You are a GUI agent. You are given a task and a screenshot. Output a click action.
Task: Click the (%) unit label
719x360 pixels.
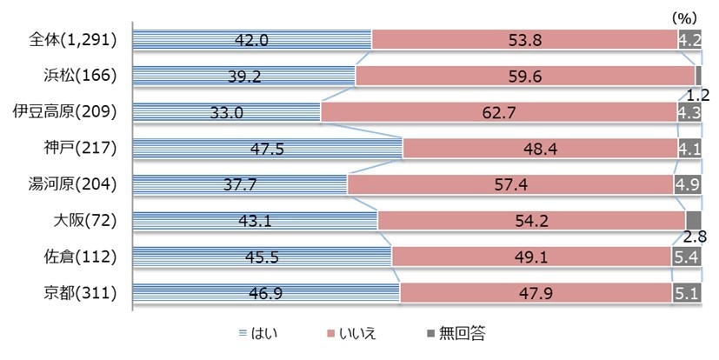(685, 17)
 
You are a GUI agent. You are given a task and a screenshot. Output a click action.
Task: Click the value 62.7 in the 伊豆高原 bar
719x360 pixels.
(497, 112)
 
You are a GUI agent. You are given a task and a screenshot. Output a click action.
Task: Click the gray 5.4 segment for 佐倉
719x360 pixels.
(685, 257)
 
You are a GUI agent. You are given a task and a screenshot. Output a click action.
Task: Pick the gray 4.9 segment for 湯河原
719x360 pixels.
(686, 184)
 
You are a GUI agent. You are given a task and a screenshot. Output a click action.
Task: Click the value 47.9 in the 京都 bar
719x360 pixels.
(536, 292)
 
